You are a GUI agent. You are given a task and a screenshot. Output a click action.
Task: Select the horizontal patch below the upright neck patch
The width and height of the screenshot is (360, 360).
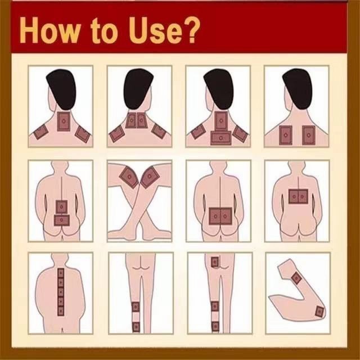point(220,138)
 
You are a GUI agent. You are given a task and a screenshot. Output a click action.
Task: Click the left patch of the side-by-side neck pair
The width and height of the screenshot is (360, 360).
point(131,120)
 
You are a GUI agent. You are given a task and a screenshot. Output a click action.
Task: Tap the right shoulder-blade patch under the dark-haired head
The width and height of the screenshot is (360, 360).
point(308,135)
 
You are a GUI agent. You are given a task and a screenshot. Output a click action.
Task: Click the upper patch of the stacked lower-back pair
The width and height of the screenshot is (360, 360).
point(61,208)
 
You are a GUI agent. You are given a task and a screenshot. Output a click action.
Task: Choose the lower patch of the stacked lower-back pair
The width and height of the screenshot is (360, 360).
point(62,220)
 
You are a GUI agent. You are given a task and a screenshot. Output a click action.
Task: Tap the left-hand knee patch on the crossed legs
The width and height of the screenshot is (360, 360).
point(129,177)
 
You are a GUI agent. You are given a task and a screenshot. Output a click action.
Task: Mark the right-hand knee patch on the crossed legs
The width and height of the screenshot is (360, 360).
point(150,177)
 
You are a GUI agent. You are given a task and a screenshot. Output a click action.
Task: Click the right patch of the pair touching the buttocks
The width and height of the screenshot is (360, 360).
point(226,216)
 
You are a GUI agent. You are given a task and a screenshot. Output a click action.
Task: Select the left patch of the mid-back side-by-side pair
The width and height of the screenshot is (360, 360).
point(293,196)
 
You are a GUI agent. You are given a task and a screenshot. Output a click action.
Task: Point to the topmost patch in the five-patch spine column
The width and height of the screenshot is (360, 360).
point(61,273)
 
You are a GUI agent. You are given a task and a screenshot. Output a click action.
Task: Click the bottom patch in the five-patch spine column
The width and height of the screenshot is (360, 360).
point(61,311)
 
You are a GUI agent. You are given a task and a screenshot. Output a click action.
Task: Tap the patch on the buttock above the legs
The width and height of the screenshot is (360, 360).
point(215,262)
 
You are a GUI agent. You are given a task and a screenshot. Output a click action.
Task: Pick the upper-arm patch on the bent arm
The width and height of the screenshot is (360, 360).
point(296,278)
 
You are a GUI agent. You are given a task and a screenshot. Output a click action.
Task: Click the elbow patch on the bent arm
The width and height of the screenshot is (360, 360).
point(319,312)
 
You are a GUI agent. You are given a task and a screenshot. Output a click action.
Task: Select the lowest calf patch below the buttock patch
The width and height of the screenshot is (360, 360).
point(215,326)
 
